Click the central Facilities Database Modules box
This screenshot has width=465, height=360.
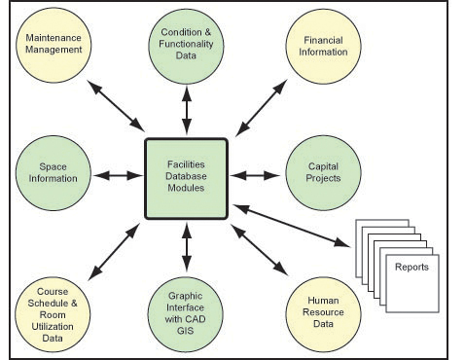coord(187,177)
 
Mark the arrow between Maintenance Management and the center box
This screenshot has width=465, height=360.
coord(115,106)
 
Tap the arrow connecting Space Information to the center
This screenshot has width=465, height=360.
coord(119,176)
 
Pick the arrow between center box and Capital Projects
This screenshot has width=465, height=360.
coord(254,176)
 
